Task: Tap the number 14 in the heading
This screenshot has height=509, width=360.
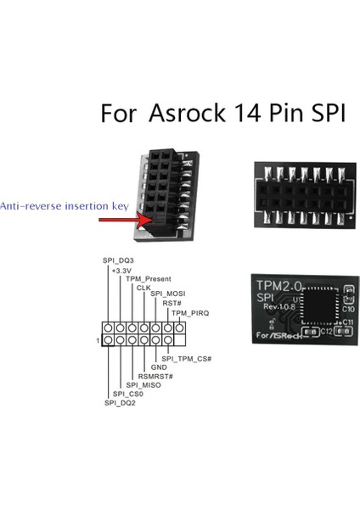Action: click(245, 114)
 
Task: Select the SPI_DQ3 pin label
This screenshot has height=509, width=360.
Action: click(117, 260)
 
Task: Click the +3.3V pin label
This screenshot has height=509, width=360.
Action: click(124, 270)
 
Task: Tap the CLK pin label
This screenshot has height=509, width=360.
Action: click(143, 288)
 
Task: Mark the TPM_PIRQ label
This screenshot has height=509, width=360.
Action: click(189, 313)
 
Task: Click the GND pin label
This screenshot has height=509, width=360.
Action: click(159, 367)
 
